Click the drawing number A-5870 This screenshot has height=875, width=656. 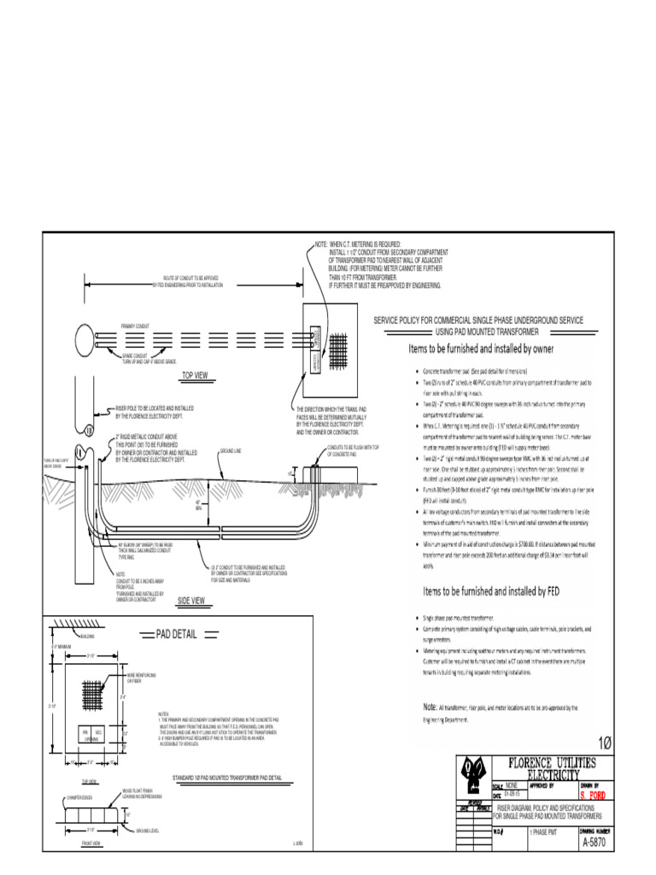[597, 842]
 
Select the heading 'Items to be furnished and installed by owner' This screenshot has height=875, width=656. [482, 349]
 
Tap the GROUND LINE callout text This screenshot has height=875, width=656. [232, 449]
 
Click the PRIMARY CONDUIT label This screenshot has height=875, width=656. [134, 326]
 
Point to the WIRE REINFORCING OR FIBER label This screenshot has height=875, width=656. [140, 678]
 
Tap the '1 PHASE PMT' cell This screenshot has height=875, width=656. [546, 831]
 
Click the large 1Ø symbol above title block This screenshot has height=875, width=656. [605, 741]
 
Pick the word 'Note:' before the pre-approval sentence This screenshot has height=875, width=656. [430, 708]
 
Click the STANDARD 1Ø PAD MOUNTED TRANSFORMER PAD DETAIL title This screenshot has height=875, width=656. [226, 778]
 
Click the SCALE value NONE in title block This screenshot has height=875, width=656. [512, 784]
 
